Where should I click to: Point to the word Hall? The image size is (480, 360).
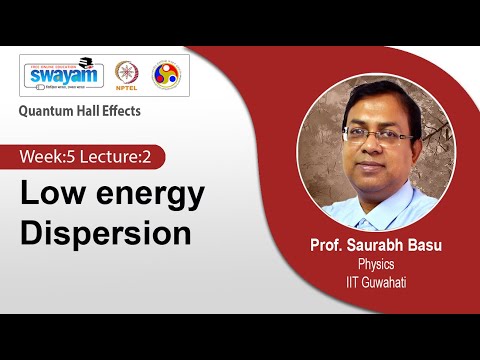click(x=93, y=111)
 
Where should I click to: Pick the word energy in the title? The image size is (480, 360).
click(x=146, y=194)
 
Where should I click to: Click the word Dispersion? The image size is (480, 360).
click(x=107, y=232)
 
